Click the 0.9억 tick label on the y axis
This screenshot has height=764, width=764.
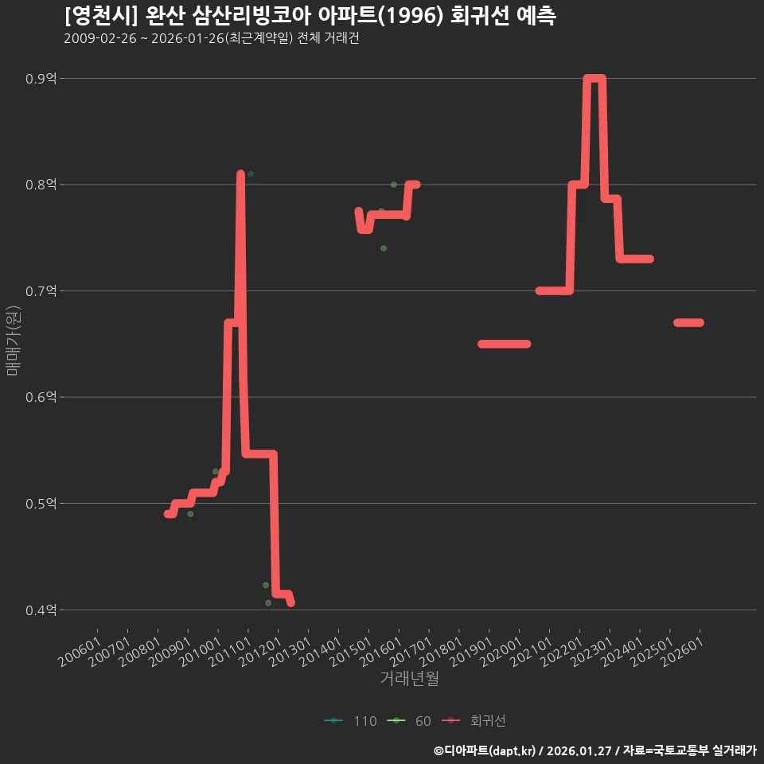[41, 79]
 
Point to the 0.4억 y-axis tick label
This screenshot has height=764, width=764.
[41, 610]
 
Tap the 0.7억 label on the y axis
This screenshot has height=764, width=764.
[41, 291]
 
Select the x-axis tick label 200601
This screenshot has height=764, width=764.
[80, 652]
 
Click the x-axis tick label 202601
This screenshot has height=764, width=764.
[683, 652]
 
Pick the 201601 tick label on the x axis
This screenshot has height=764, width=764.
[381, 652]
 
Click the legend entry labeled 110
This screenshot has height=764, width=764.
[351, 721]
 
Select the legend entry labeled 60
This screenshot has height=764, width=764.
[409, 721]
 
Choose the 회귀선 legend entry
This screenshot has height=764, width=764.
[474, 721]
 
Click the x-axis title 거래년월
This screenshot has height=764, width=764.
[409, 678]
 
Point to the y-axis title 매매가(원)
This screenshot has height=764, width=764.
[13, 341]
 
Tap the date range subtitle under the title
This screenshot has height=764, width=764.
[212, 38]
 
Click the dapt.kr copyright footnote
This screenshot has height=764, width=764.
[595, 750]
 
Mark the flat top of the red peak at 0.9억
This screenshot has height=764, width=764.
[594, 79]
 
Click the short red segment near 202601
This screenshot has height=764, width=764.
[688, 322]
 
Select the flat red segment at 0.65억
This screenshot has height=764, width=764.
[505, 344]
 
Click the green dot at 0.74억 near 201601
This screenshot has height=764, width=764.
[384, 248]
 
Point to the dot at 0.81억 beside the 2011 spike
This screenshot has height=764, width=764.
[251, 174]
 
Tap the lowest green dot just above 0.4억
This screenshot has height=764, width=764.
[268, 603]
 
